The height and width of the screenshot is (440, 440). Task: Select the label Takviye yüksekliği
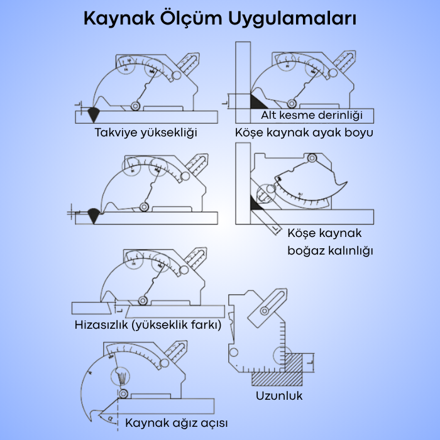[x=146, y=133]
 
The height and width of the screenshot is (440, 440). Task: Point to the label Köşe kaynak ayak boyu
[x=304, y=133]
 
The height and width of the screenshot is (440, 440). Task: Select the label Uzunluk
[x=279, y=395]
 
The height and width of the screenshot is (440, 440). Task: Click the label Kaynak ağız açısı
[x=177, y=422]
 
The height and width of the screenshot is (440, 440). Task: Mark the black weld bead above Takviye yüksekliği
[x=94, y=115]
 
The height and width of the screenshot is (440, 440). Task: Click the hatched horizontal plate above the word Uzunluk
[x=277, y=379]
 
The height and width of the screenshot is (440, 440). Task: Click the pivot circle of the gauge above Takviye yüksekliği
[x=135, y=106]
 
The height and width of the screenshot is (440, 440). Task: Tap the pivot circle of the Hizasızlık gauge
[x=143, y=301]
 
